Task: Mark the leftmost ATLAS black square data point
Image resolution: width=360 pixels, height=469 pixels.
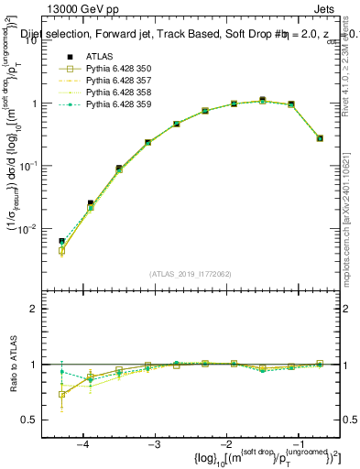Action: pyautogui.click(x=61, y=241)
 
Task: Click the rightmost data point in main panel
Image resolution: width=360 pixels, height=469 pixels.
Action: pyautogui.click(x=319, y=138)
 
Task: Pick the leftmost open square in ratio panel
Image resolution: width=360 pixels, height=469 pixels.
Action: pyautogui.click(x=61, y=395)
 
